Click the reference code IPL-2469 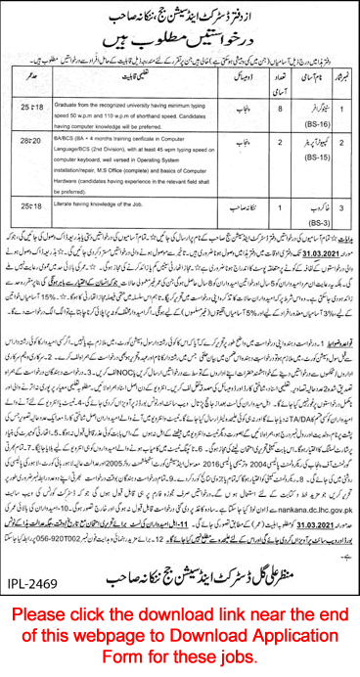coord(35,590)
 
